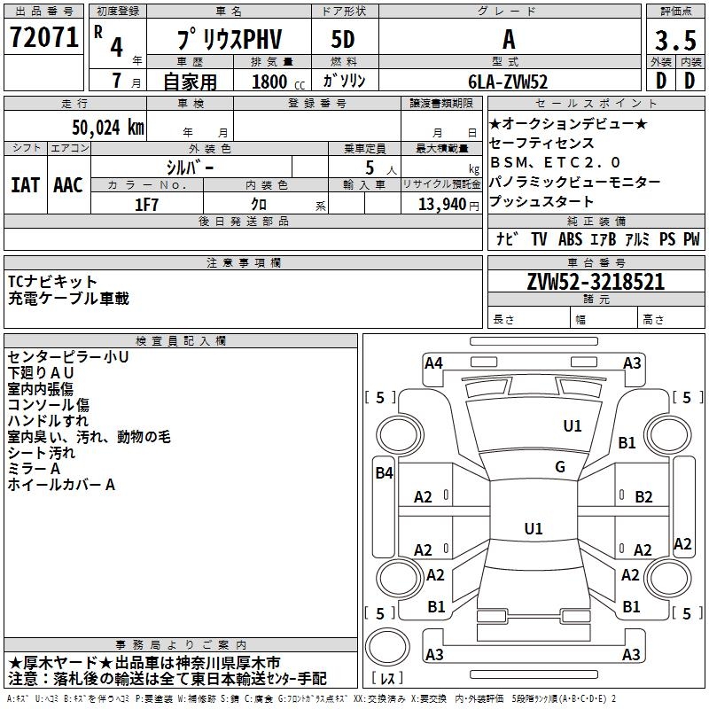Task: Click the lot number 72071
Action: [x=43, y=40]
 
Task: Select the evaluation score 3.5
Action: [x=674, y=41]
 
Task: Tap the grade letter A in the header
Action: [x=508, y=40]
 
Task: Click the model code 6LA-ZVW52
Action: [x=508, y=82]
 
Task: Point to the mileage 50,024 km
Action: [x=99, y=128]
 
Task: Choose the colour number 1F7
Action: [x=146, y=204]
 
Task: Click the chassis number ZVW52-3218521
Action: [x=596, y=283]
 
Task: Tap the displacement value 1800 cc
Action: [x=276, y=82]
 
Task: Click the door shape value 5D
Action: [x=343, y=40]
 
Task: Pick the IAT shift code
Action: [x=25, y=185]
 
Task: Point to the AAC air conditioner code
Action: [x=68, y=185]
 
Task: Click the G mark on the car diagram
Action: [x=560, y=467]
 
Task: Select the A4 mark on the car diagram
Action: [x=433, y=362]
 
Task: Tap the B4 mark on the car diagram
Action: [x=384, y=473]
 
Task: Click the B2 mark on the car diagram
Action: [x=643, y=496]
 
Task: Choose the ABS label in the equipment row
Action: [x=569, y=239]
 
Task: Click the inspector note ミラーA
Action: [x=34, y=469]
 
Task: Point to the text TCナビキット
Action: [x=53, y=282]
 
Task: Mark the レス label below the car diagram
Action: [x=388, y=679]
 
